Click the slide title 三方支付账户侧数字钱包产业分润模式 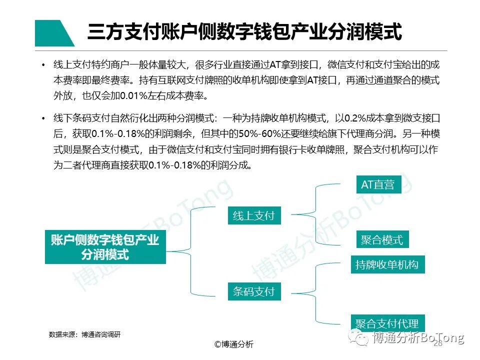pyautogui.click(x=244, y=32)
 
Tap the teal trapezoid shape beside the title pyautogui.click(x=52, y=33)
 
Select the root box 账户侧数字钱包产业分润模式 pyautogui.click(x=105, y=247)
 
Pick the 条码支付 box pyautogui.click(x=253, y=291)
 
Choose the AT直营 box pyautogui.click(x=377, y=184)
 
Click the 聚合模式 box pyautogui.click(x=381, y=239)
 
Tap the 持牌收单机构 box pyautogui.click(x=386, y=264)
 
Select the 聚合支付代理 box pyautogui.click(x=386, y=322)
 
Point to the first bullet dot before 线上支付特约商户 pyautogui.click(x=43, y=65)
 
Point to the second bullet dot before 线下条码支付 pyautogui.click(x=43, y=118)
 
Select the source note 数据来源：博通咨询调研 pyautogui.click(x=84, y=334)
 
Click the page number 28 pyautogui.click(x=438, y=344)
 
